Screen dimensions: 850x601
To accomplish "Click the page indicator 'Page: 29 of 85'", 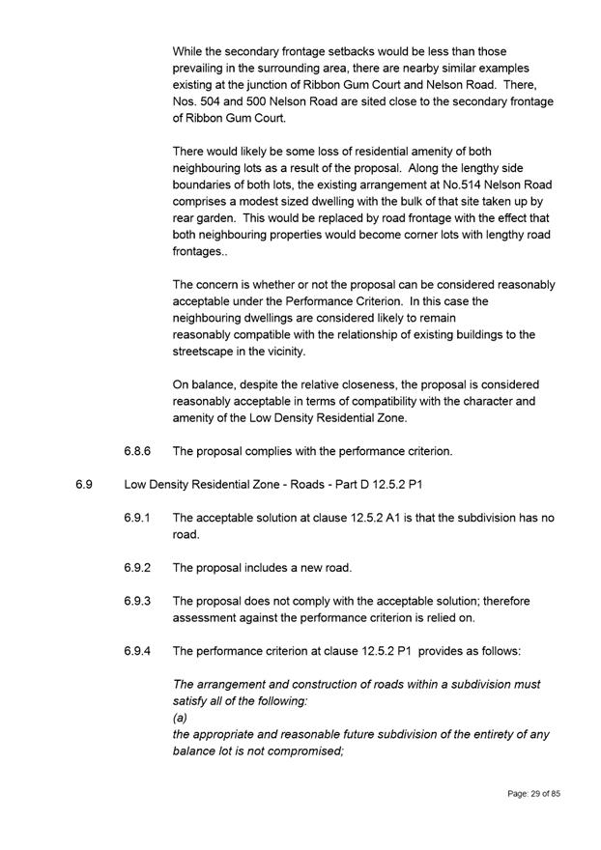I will (533, 793).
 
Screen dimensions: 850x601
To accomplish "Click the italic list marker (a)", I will (179, 718).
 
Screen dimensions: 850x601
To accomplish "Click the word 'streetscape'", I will (206, 352).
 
